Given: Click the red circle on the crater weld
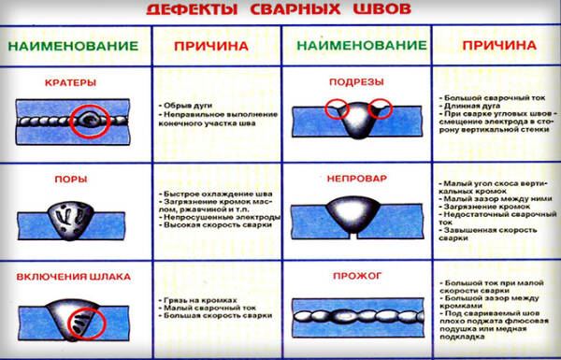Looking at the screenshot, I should (x=90, y=119).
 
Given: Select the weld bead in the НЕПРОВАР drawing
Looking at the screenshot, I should (x=355, y=212).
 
